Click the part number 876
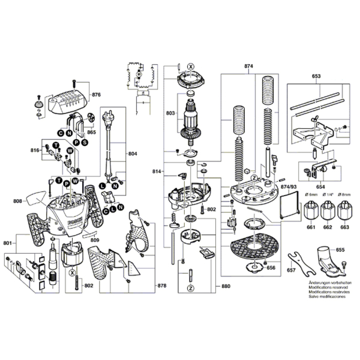tap(96, 95)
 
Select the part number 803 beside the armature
tap(170, 112)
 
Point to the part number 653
tap(316, 76)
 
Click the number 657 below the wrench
tap(291, 271)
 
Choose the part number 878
tap(161, 286)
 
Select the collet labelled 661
tap(311, 212)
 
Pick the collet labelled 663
tap(344, 212)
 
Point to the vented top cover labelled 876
tap(67, 98)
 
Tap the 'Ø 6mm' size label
tap(311, 196)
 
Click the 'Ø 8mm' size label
tap(344, 196)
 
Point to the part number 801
tap(8, 243)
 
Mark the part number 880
tap(225, 286)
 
